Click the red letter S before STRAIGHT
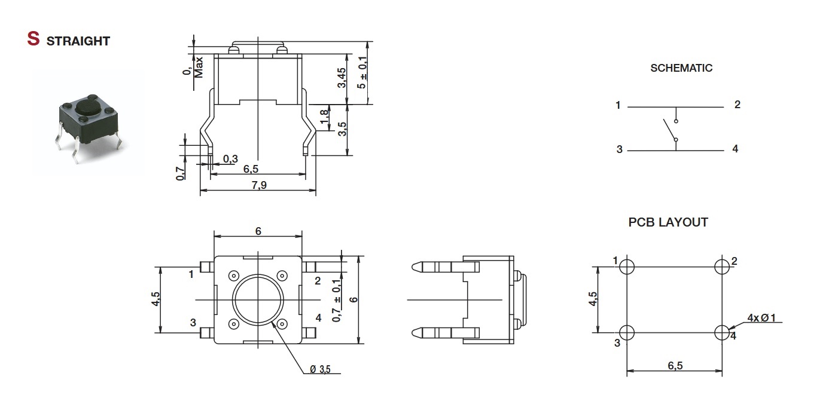pos(33,39)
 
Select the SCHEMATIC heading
pos(681,68)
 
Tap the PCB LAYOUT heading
pos(668,222)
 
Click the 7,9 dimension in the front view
pos(259,185)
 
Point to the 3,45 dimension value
pos(342,78)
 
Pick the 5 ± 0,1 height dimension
pos(362,72)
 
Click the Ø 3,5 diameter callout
pos(320,369)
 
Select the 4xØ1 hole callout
pos(761,318)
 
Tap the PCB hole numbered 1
pos(627,267)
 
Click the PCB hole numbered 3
pos(627,332)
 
